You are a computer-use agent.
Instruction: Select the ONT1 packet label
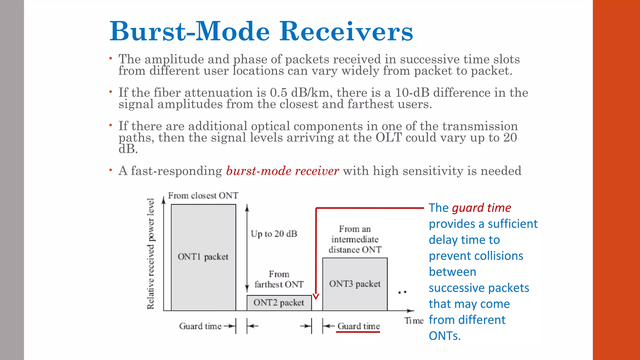coord(203,257)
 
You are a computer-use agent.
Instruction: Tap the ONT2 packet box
coord(279,303)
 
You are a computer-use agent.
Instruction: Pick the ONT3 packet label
coord(355,284)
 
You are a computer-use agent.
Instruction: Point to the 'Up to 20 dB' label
coord(274,234)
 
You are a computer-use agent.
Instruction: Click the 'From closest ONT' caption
coord(203,196)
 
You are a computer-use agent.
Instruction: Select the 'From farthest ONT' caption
coord(279,279)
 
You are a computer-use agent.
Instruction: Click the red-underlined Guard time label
coord(358,326)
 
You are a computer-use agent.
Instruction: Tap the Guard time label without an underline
coord(200,326)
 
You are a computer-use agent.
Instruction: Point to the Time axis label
coord(414,321)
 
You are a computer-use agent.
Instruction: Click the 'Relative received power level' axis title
coord(151,254)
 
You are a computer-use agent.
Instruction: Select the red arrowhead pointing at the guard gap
coord(316,296)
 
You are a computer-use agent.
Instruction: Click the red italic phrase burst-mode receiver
coord(282,171)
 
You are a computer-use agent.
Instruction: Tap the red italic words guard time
coord(481,208)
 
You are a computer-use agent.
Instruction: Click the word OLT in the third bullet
coord(388,137)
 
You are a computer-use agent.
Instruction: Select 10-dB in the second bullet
coord(412,93)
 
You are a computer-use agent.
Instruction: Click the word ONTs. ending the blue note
coord(444,336)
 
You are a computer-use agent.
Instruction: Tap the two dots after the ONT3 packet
coord(402,292)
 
